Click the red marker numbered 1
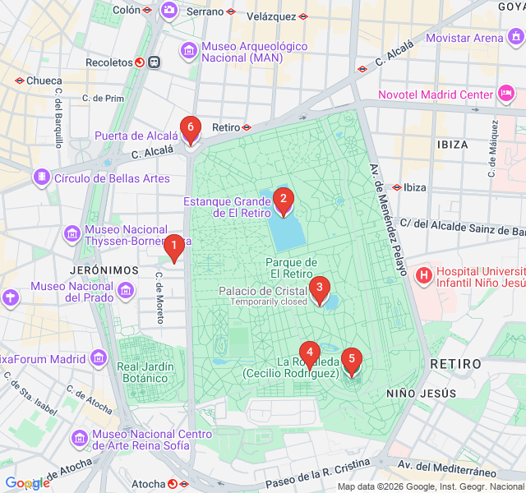[x=173, y=246]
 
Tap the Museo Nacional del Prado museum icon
[x=127, y=291]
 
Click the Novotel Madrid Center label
[x=436, y=94]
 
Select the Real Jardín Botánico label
[x=145, y=372]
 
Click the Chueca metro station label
[x=44, y=81]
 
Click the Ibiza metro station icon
[x=397, y=187]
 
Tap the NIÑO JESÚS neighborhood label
[x=421, y=394]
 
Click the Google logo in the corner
[x=27, y=483]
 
